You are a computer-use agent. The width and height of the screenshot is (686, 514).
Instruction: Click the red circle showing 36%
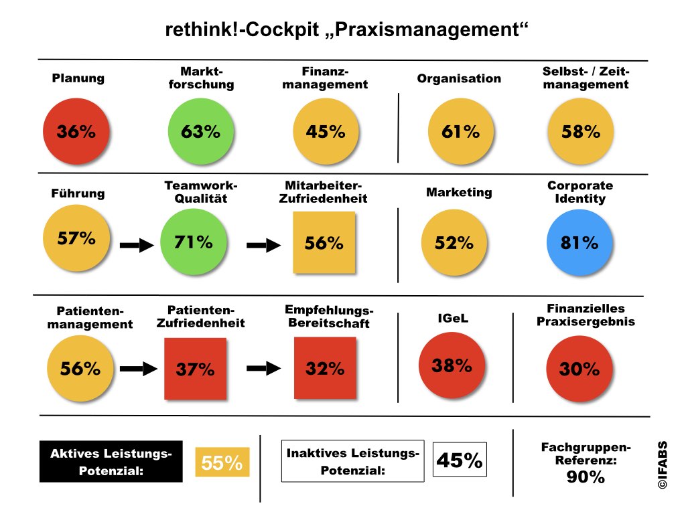(76, 131)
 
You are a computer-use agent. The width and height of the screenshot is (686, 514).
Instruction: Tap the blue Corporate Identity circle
(579, 242)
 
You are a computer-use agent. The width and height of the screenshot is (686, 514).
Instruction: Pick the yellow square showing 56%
(324, 243)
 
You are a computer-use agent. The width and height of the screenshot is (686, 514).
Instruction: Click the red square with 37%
(196, 368)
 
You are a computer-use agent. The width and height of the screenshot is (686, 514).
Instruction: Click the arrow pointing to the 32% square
(263, 367)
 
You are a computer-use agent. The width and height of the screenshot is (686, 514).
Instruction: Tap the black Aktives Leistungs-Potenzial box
(111, 462)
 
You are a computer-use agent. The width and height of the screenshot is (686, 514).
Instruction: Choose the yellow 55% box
(222, 462)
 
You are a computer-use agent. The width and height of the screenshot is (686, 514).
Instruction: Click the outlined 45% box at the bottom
(460, 460)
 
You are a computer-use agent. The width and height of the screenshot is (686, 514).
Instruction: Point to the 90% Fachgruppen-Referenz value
(586, 477)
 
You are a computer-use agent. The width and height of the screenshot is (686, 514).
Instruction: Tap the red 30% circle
(579, 368)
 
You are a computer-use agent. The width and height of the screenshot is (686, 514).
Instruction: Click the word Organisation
(459, 78)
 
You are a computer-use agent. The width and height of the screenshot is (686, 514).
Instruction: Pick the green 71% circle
(193, 242)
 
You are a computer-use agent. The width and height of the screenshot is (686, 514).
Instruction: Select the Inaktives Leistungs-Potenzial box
(353, 461)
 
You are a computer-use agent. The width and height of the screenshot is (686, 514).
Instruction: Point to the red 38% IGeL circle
(452, 366)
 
